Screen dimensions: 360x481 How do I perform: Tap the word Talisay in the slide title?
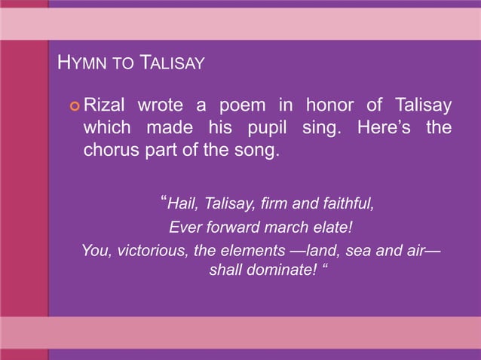[x=170, y=63]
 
